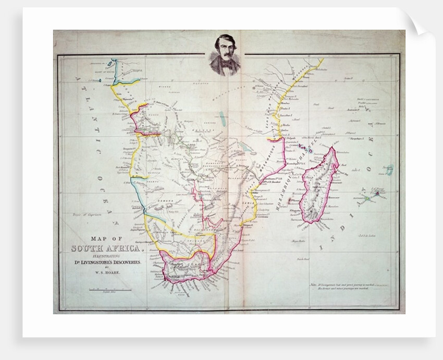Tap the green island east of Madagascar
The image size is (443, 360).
pyautogui.click(x=368, y=198)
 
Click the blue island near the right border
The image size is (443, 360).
pyautogui.click(x=389, y=169)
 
